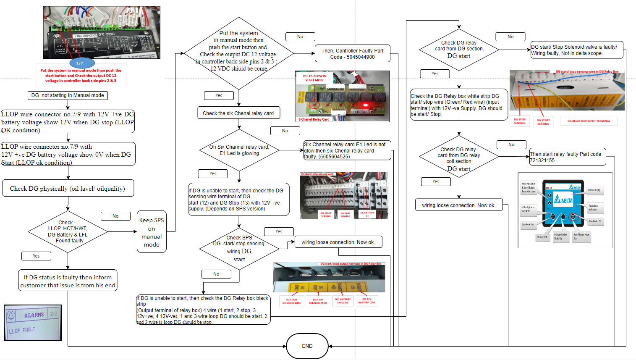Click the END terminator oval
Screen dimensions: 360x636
[307, 346]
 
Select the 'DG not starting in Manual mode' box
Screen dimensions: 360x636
[68, 95]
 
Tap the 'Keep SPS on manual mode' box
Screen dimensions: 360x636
[152, 232]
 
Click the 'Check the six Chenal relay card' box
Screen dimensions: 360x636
[238, 113]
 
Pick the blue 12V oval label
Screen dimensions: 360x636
[79, 63]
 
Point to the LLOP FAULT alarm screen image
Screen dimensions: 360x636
[33, 323]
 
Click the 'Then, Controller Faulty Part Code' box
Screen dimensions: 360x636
[352, 54]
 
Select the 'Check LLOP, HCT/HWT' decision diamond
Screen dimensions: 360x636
[68, 231]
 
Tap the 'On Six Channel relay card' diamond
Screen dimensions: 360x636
[239, 150]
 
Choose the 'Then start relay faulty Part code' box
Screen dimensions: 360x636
[567, 157]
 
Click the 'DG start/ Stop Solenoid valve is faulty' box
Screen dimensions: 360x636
[576, 50]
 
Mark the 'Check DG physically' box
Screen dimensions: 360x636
[68, 189]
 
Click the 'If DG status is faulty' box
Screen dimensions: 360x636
[68, 281]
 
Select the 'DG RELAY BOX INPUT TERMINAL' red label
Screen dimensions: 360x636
[589, 121]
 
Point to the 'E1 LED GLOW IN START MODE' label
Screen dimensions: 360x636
[315, 78]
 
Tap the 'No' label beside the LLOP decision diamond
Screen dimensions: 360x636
[115, 216]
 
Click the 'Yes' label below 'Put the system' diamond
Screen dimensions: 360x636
[219, 95]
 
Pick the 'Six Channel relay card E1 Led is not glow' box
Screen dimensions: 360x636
[347, 150]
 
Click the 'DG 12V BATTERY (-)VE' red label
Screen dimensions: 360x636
[367, 301]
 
